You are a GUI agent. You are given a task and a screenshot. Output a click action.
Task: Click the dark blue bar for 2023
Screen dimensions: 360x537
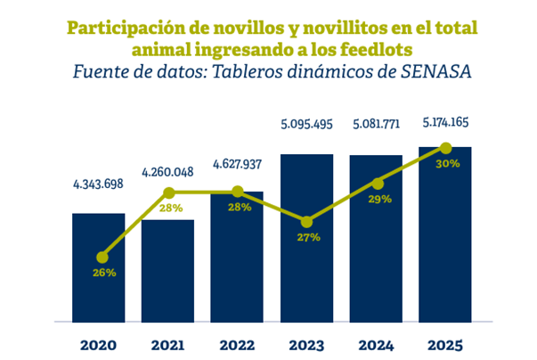[306, 267]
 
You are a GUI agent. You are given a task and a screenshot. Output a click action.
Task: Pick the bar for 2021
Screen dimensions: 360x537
[167, 276]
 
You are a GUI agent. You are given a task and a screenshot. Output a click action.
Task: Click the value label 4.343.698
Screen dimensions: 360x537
[98, 184]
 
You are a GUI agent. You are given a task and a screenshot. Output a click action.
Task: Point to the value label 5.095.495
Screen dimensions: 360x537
[306, 124]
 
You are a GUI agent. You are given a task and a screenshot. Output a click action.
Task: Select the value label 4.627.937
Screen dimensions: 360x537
[237, 163]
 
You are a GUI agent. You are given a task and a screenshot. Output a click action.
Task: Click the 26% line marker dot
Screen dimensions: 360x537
[102, 257]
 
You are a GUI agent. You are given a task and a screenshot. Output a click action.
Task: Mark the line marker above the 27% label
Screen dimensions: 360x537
[306, 222]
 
